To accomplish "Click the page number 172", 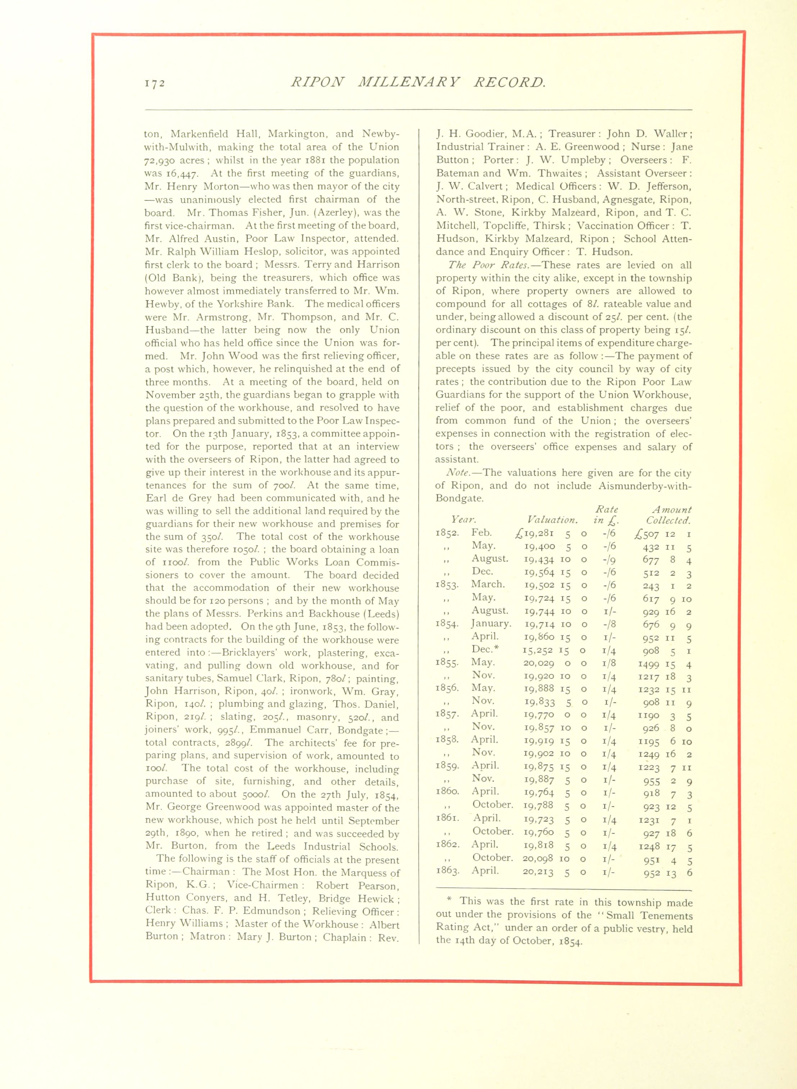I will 155,83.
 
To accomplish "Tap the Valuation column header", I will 552,520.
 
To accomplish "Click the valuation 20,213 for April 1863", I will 538,872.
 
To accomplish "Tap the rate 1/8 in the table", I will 609,663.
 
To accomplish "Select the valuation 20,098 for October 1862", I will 538,859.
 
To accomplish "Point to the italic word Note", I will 459,473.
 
